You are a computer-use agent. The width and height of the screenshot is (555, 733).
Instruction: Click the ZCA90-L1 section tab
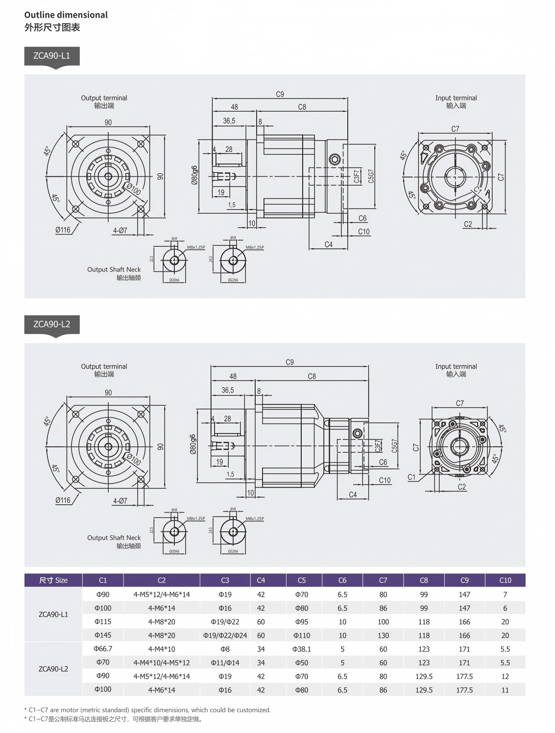point(51,56)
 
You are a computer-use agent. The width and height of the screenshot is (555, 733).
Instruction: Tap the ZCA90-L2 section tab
point(51,324)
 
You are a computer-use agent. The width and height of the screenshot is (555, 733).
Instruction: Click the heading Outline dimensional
point(66,15)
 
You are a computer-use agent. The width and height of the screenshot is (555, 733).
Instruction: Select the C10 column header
point(505,580)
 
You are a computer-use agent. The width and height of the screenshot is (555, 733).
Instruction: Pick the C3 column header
point(225,580)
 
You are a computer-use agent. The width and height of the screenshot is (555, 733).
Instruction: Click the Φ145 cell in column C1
point(103,635)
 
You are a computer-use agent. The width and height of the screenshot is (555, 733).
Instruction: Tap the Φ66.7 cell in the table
point(103,648)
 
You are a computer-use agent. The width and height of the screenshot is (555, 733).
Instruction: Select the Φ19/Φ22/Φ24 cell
point(225,635)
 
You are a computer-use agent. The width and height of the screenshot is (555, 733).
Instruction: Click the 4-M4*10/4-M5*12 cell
point(162,662)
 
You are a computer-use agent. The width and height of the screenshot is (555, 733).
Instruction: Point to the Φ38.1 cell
point(301,649)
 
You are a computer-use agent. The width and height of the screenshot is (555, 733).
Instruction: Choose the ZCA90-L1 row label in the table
point(53,614)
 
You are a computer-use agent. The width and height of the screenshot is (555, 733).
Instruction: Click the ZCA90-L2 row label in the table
point(53,669)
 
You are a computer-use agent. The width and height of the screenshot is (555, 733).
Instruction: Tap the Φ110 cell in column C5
point(301,635)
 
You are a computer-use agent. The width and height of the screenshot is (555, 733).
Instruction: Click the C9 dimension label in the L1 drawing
point(280,94)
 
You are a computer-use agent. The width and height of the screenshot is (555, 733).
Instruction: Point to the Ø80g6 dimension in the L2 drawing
point(193,445)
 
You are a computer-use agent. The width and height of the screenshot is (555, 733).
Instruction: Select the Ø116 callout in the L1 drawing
point(63,230)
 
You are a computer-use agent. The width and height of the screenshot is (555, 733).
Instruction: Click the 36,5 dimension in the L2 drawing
point(228,390)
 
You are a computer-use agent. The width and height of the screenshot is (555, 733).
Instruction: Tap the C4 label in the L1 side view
point(329,244)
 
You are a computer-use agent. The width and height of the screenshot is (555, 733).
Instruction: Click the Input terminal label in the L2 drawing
point(456,366)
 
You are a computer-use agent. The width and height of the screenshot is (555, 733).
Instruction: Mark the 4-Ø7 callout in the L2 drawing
point(120,501)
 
